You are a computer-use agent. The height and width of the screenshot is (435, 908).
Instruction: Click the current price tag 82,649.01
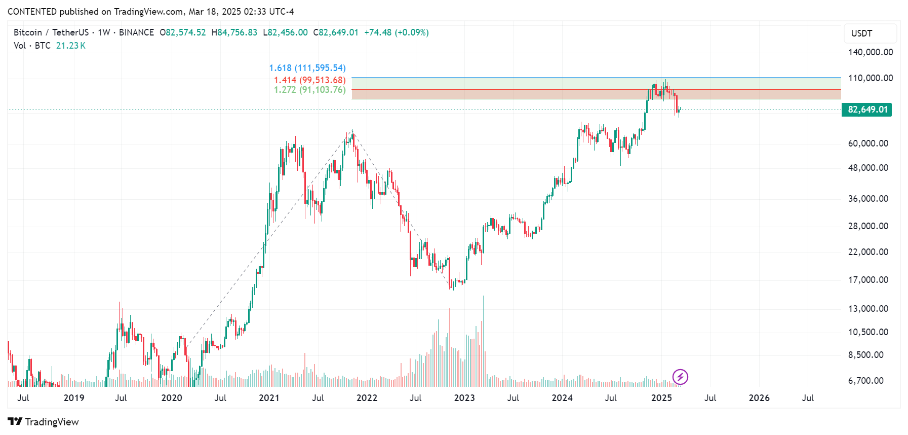click(x=867, y=110)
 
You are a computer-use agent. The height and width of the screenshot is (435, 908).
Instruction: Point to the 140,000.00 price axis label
click(x=871, y=52)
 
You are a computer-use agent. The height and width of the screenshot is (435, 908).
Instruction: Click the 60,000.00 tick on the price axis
click(x=868, y=143)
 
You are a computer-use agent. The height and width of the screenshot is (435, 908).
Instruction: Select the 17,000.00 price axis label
click(x=868, y=280)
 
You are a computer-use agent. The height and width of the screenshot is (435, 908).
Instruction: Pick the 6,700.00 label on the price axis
click(x=866, y=381)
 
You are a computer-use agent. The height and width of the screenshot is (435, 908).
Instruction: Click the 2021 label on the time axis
click(x=269, y=398)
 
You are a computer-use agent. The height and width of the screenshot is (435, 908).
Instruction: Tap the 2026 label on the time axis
click(x=759, y=398)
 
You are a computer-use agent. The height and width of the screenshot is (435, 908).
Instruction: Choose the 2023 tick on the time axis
click(x=464, y=398)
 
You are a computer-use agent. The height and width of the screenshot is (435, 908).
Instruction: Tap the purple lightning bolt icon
click(x=680, y=377)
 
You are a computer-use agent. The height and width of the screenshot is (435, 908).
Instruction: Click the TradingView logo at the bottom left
click(x=44, y=422)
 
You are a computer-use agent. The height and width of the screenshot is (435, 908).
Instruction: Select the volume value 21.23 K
click(x=71, y=46)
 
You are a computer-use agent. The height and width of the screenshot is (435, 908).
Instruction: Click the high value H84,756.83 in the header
click(x=234, y=32)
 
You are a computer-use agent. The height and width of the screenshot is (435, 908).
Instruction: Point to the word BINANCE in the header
click(x=136, y=32)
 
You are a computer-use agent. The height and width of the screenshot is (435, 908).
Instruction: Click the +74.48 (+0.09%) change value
click(x=397, y=32)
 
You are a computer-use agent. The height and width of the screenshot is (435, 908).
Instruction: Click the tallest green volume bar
click(x=484, y=340)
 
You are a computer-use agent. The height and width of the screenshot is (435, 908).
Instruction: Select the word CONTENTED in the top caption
click(x=32, y=12)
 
